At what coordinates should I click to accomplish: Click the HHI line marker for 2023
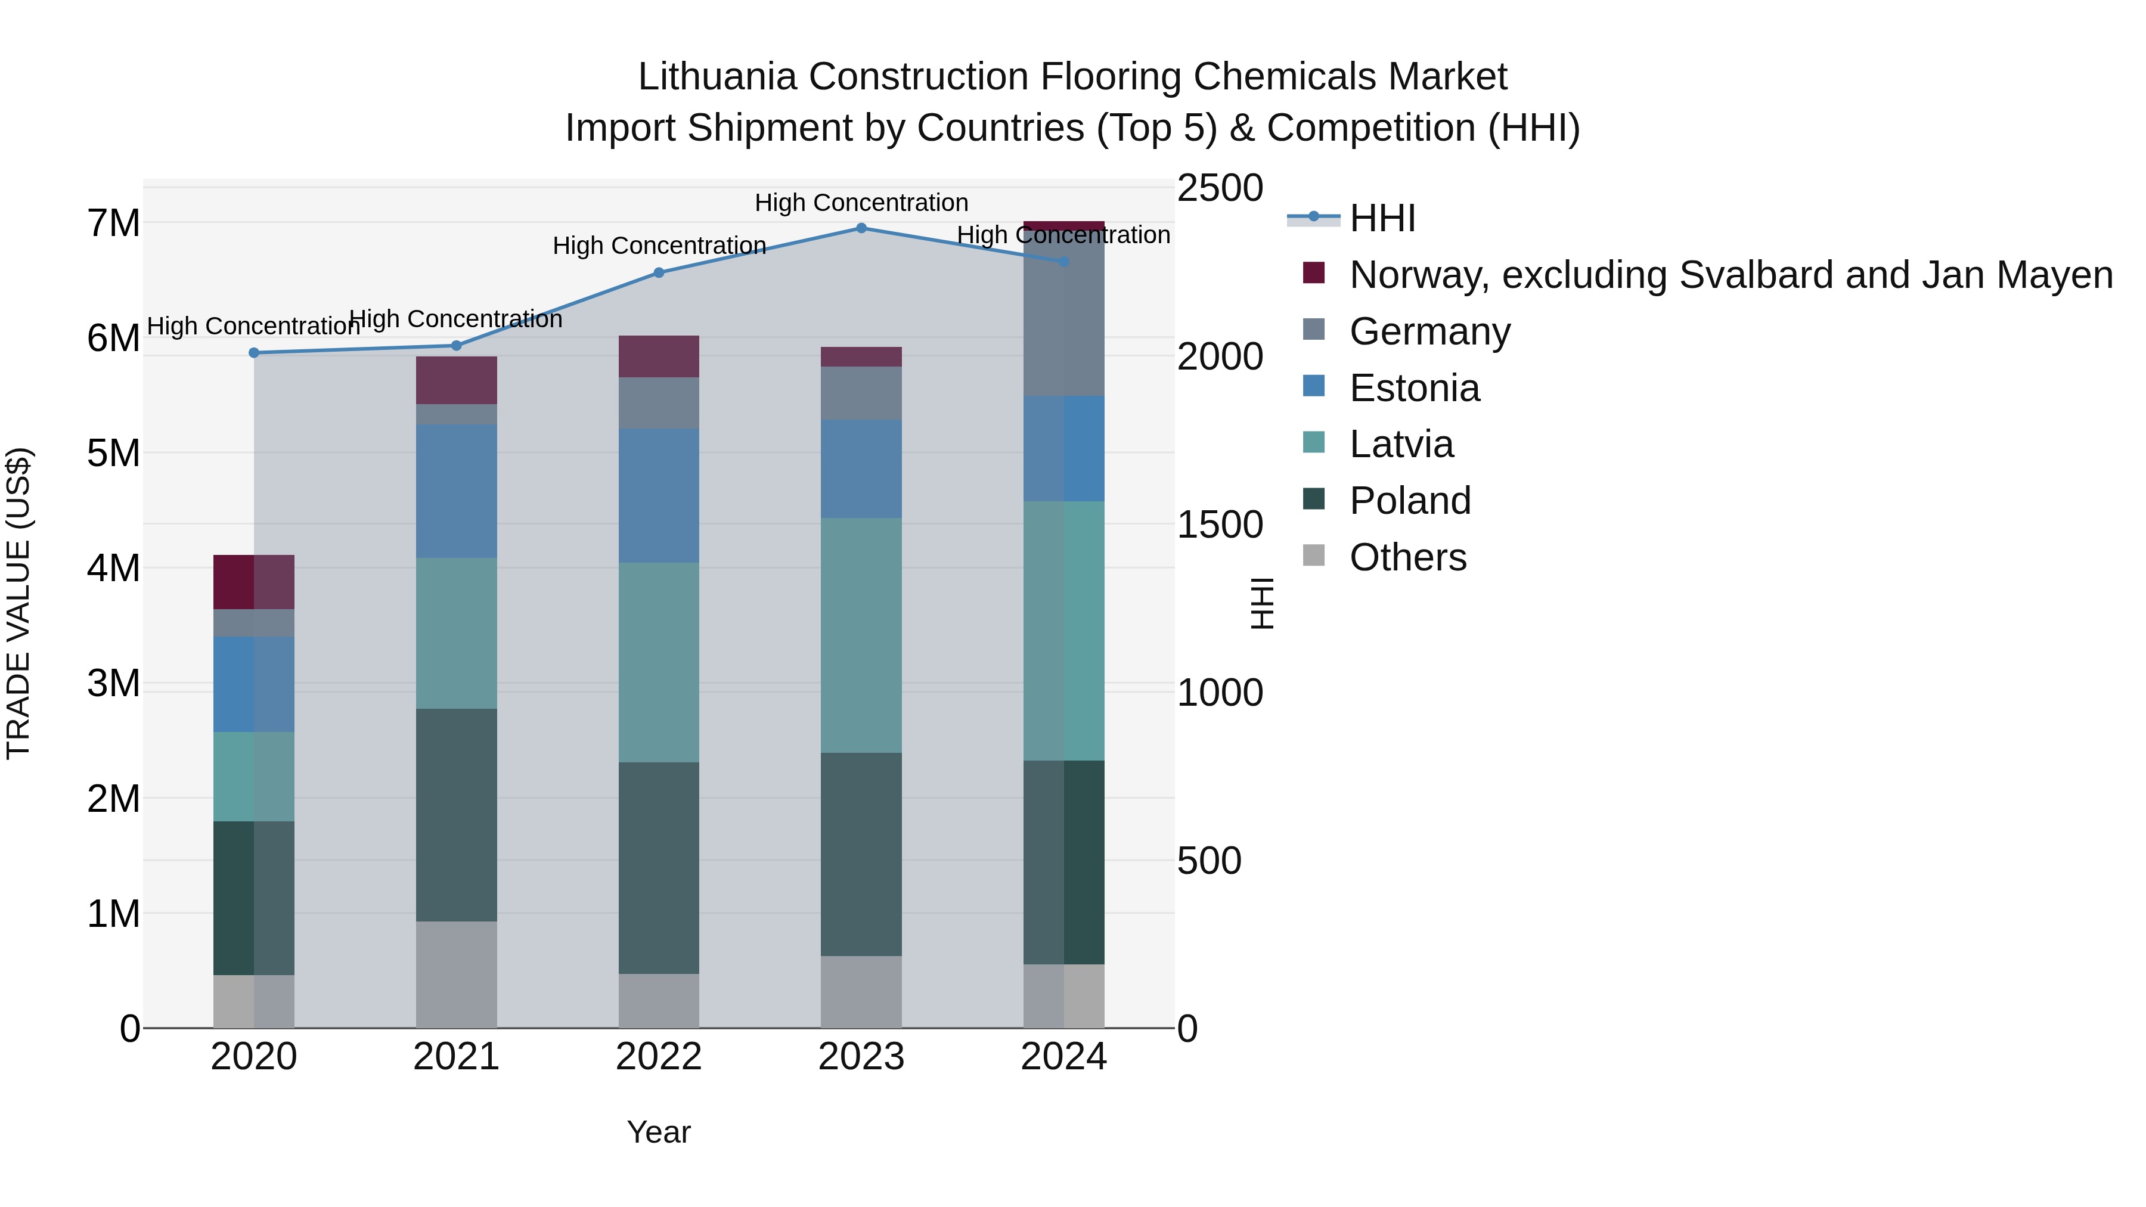point(861,228)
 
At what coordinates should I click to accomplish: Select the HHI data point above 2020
point(254,352)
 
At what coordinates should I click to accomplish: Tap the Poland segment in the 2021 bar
point(457,815)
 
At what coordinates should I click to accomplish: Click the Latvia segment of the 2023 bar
point(861,635)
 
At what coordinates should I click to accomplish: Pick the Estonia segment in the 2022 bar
point(659,496)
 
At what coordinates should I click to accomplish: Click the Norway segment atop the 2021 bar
point(457,380)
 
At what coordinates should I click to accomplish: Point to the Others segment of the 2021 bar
point(457,974)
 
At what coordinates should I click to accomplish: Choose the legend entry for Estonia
point(1414,388)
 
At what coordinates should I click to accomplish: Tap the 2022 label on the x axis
point(659,1057)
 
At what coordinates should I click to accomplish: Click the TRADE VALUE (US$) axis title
point(18,603)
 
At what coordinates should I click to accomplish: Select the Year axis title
point(659,1132)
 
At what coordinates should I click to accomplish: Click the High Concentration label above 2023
point(861,203)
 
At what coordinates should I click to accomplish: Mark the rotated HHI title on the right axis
point(1262,603)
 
